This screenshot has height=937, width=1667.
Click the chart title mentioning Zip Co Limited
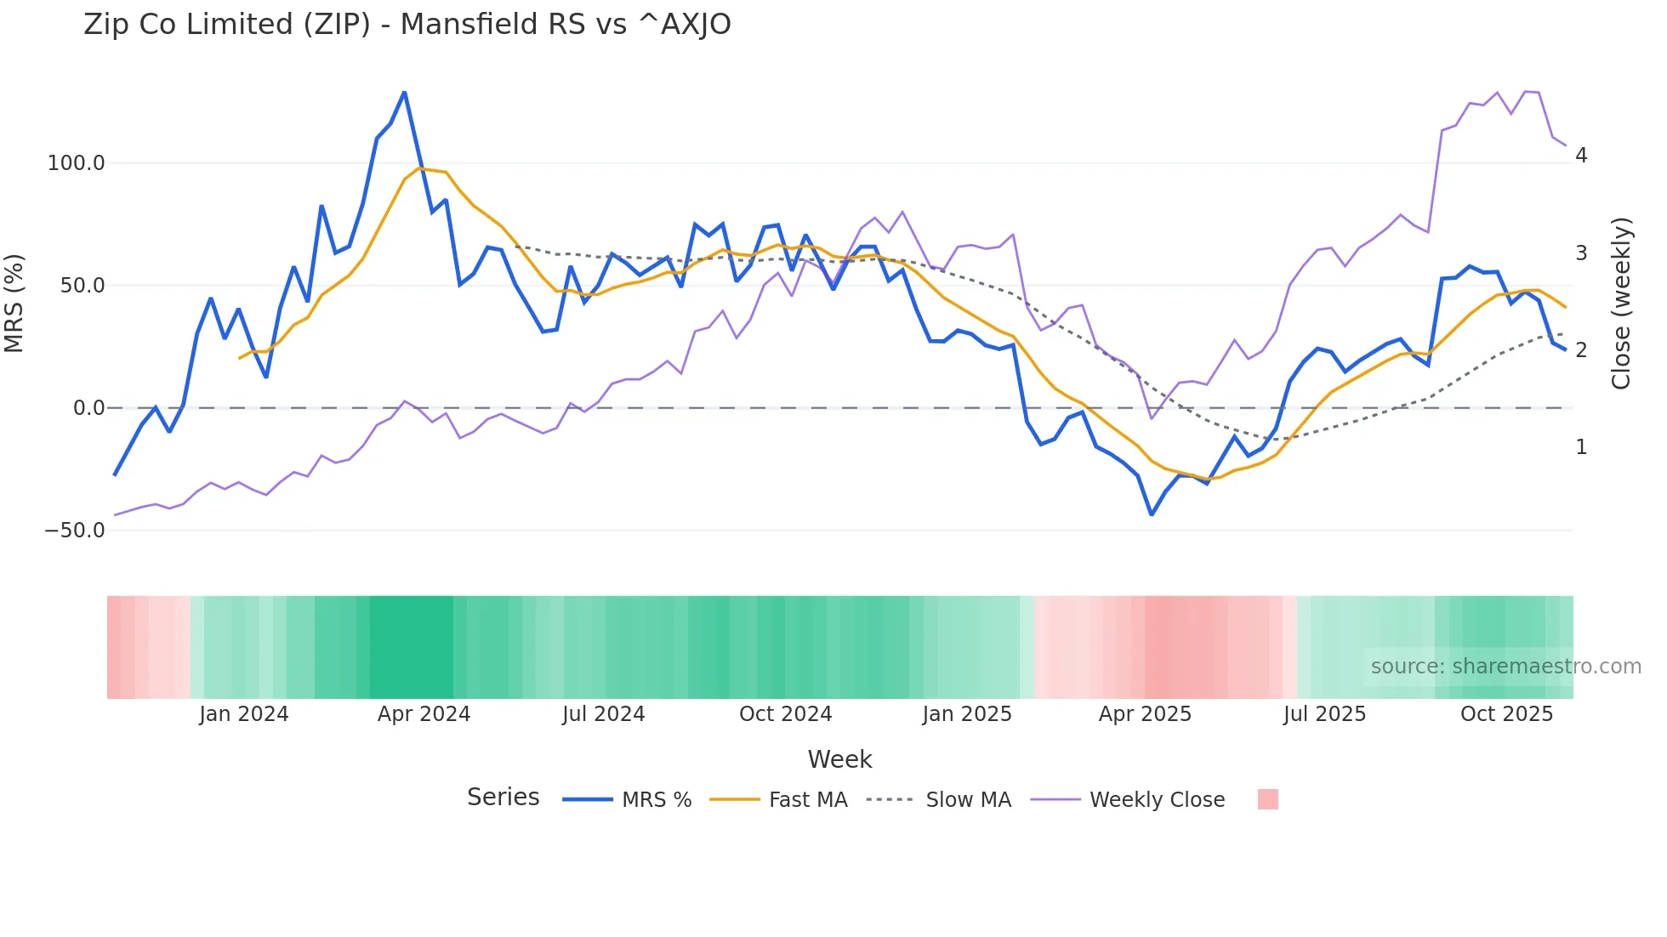click(x=407, y=25)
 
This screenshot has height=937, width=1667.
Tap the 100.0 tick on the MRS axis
click(x=76, y=163)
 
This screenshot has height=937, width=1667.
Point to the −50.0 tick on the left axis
click(x=74, y=531)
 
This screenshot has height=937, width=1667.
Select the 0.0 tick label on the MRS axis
click(x=88, y=408)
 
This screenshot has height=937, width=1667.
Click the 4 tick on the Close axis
click(x=1581, y=156)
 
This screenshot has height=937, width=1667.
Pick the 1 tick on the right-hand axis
click(x=1581, y=447)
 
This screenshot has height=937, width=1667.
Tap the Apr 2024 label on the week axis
click(x=424, y=714)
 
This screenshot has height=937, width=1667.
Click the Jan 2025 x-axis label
click(x=967, y=714)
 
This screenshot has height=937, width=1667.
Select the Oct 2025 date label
click(x=1506, y=714)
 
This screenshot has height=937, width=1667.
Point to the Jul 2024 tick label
click(x=603, y=714)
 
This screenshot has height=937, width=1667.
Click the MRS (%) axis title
click(x=14, y=303)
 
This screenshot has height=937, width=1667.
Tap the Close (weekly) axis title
click(x=1621, y=304)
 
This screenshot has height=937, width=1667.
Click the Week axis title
click(x=839, y=759)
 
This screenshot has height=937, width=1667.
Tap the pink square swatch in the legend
click(x=1267, y=799)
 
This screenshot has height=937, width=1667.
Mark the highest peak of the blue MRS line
click(x=404, y=93)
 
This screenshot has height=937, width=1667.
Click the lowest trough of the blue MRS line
click(x=1152, y=514)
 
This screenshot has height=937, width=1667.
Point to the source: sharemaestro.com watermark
click(x=1505, y=667)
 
